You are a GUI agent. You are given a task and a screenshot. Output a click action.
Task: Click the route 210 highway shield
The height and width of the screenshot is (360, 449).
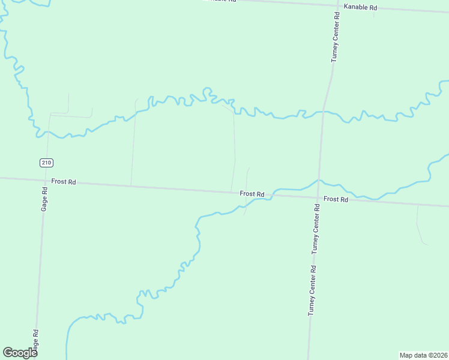[x=46, y=163]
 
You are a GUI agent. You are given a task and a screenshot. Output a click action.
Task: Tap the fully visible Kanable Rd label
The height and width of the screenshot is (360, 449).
[x=360, y=8]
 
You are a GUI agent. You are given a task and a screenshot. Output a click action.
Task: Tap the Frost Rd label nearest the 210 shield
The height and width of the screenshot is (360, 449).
[x=64, y=181]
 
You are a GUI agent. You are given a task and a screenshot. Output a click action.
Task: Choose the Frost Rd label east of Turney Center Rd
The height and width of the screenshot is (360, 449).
[x=336, y=199]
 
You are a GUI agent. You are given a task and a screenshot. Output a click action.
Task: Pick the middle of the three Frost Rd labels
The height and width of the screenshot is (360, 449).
[x=252, y=194]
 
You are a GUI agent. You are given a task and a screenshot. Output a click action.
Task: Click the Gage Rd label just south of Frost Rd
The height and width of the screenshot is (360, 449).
[x=45, y=198]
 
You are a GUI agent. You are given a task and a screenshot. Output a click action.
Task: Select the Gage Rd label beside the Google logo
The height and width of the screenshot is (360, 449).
[x=37, y=341]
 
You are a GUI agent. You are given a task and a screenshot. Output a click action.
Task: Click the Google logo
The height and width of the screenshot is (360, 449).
[x=20, y=353]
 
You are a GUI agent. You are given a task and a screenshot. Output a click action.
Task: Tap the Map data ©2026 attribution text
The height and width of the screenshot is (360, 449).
[x=423, y=355]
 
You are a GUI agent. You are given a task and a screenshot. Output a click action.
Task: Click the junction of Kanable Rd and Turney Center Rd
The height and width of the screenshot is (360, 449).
[x=334, y=6]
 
